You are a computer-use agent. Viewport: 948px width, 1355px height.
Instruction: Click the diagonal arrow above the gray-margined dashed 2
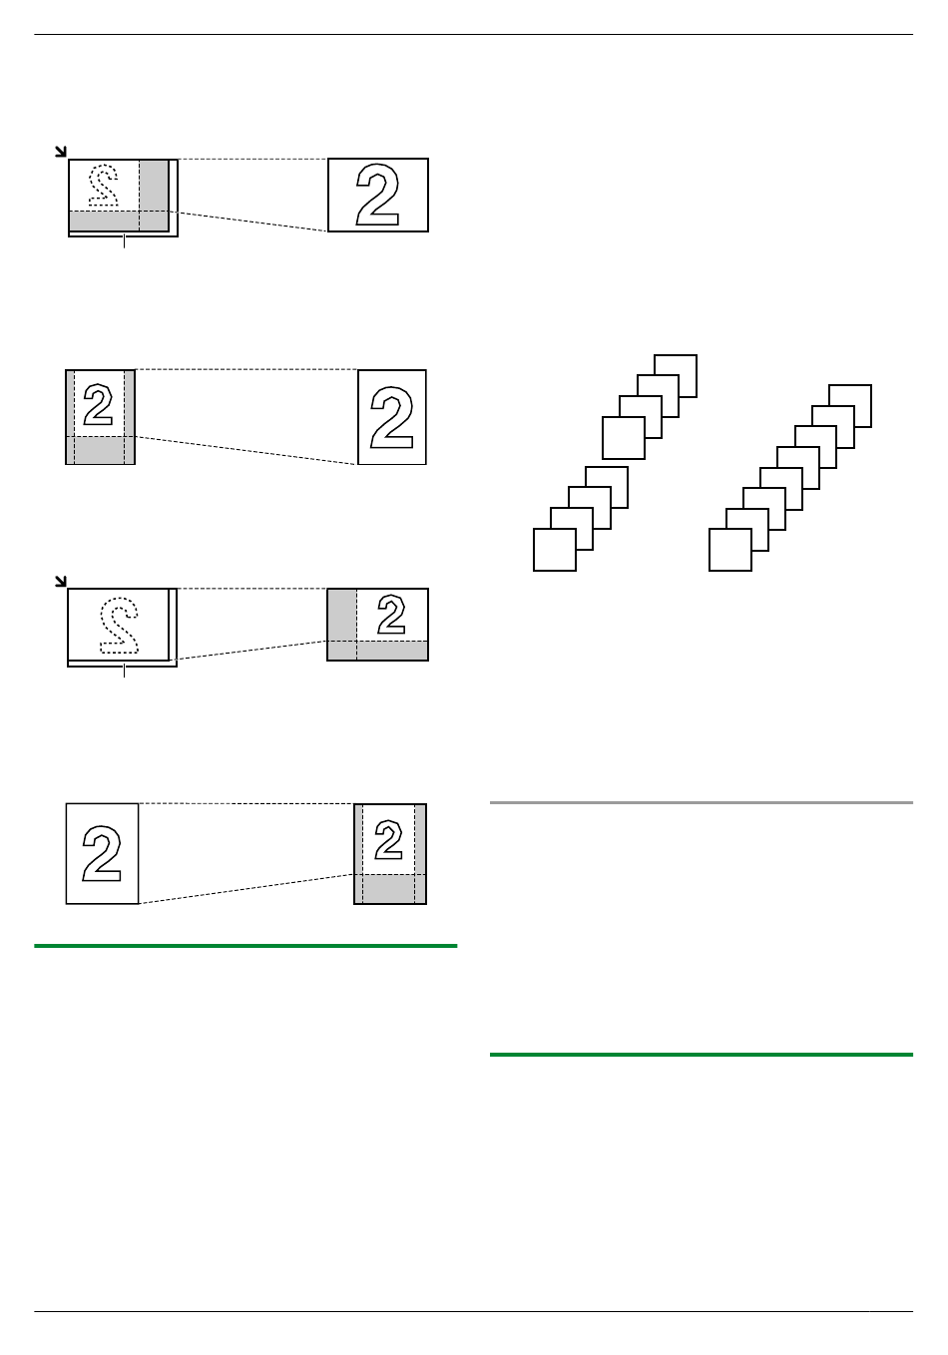pos(61,152)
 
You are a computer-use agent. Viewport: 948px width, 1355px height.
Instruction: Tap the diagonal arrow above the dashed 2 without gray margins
pos(61,582)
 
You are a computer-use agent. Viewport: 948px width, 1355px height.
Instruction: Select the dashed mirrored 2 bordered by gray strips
pos(103,184)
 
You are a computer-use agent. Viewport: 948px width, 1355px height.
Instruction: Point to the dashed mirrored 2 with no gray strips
pos(119,626)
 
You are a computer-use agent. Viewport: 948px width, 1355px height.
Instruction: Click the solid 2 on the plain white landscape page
pos(377,196)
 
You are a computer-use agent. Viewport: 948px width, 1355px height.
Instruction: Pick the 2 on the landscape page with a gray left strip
pos(391,614)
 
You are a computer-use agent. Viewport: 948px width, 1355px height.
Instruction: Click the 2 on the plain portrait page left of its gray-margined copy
pos(102,853)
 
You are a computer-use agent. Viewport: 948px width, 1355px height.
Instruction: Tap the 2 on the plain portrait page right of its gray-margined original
pos(391,418)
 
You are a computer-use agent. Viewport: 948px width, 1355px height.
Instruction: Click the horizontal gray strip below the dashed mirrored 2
pos(119,221)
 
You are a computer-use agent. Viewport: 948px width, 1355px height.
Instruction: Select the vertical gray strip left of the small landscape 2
pos(342,625)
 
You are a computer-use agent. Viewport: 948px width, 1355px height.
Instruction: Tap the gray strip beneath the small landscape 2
pos(377,651)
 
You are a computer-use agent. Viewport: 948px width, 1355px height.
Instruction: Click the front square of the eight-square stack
pos(730,550)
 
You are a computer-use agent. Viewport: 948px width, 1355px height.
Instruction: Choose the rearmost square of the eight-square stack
pos(850,406)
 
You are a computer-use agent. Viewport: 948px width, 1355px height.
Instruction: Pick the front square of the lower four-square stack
pos(555,550)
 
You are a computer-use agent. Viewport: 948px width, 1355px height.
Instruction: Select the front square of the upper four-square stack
pos(624,438)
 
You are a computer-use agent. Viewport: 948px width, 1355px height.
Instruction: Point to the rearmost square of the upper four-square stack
pos(676,376)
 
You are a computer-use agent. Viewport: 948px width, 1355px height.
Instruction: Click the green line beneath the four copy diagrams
pos(245,946)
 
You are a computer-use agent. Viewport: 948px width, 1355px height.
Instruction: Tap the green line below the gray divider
pos(702,1055)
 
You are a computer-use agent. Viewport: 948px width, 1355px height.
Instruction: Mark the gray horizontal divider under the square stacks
pos(702,802)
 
